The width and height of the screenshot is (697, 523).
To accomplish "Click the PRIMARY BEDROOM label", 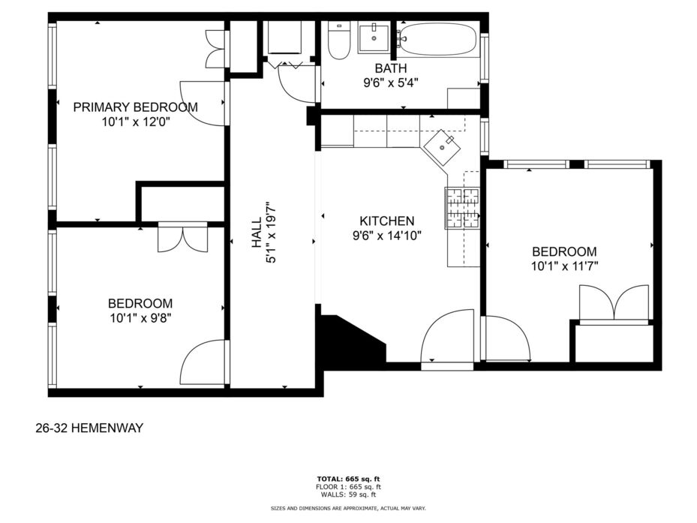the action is pyautogui.click(x=135, y=107).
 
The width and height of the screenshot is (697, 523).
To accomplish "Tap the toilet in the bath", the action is pyautogui.click(x=338, y=41).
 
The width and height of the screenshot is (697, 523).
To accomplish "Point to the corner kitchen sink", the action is pyautogui.click(x=442, y=148).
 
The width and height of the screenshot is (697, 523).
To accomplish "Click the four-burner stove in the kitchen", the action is pyautogui.click(x=462, y=208).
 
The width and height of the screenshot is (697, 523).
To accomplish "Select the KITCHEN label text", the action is pyautogui.click(x=386, y=221).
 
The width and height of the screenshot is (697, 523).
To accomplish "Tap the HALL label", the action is pyautogui.click(x=257, y=233).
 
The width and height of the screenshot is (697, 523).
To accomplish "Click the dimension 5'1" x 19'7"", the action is pyautogui.click(x=271, y=233).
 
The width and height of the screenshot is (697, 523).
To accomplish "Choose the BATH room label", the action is pyautogui.click(x=391, y=68).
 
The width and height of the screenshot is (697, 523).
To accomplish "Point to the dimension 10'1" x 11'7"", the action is pyautogui.click(x=564, y=266).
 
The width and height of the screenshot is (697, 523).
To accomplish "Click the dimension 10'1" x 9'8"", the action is pyautogui.click(x=140, y=318).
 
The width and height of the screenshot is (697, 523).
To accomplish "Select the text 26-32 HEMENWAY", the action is pyautogui.click(x=89, y=428).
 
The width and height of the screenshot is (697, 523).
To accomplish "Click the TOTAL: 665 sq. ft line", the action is pyautogui.click(x=348, y=479).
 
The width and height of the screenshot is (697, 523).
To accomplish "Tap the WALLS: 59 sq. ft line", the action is pyautogui.click(x=346, y=494).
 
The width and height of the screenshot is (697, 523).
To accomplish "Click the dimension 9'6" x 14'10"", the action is pyautogui.click(x=386, y=236).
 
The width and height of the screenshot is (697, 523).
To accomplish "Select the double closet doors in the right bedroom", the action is pyautogui.click(x=614, y=302).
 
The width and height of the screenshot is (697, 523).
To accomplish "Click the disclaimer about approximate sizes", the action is pyautogui.click(x=348, y=508).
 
